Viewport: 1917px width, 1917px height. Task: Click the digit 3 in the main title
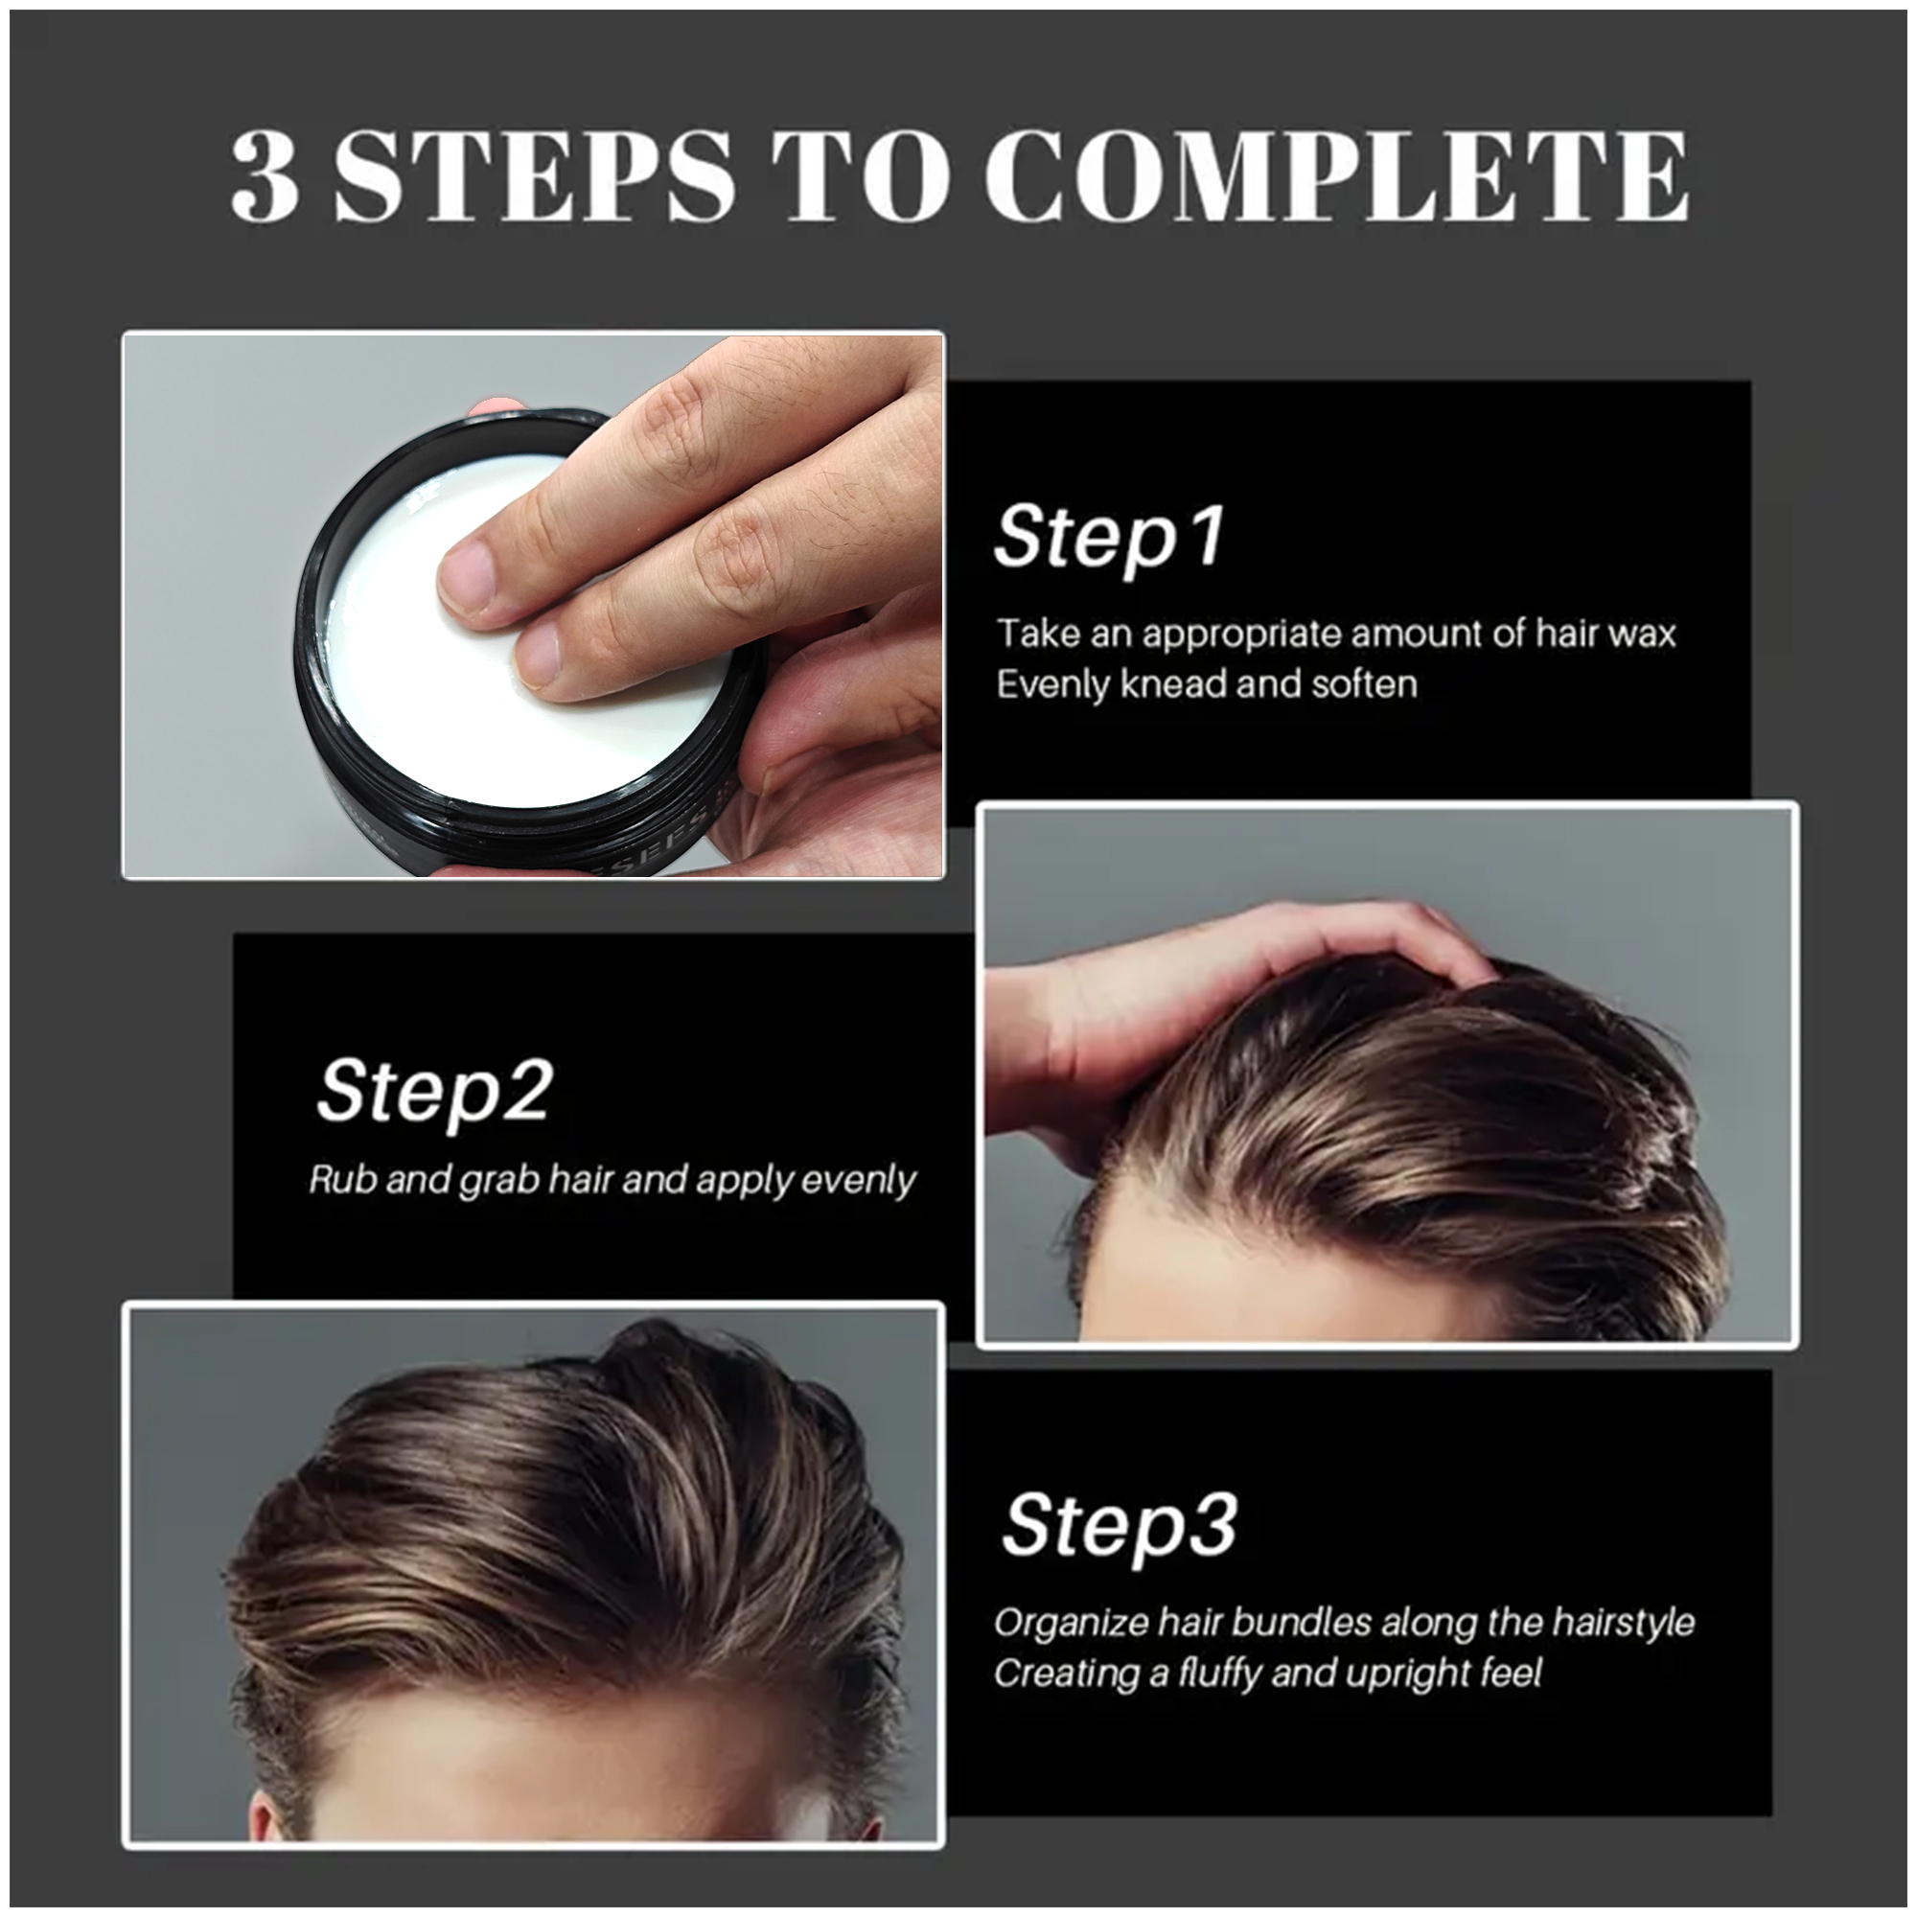[x=266, y=176]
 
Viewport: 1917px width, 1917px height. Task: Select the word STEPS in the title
[x=535, y=176]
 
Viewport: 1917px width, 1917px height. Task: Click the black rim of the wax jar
[x=315, y=684]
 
